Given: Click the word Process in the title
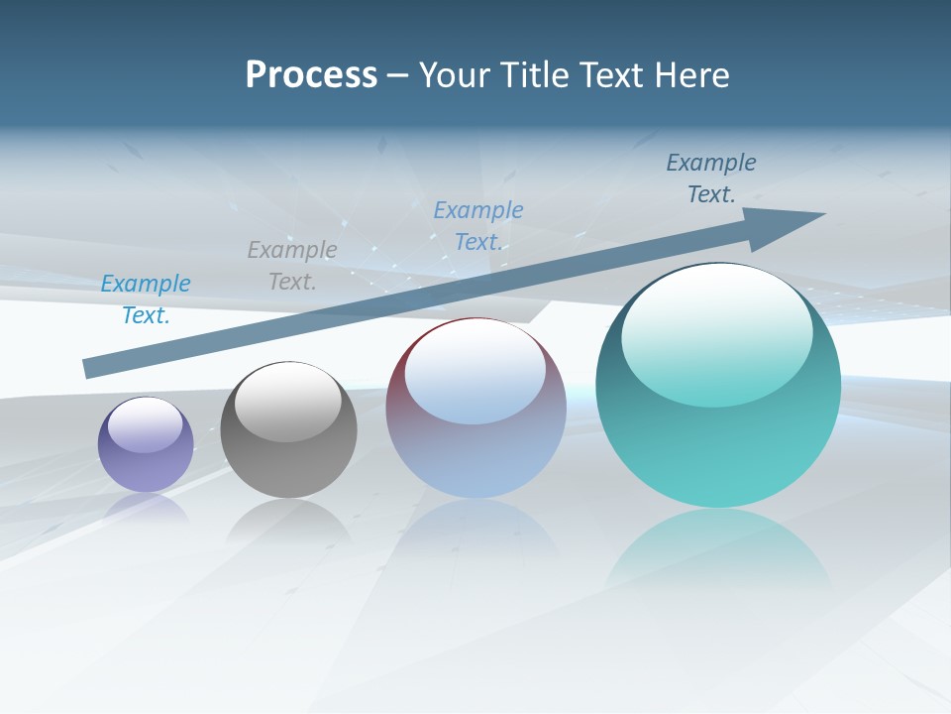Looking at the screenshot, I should pyautogui.click(x=311, y=75).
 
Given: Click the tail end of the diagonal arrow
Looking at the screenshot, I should pyautogui.click(x=91, y=368).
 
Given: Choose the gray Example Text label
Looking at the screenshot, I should pyautogui.click(x=292, y=266).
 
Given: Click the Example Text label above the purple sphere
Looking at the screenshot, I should pyautogui.click(x=146, y=299).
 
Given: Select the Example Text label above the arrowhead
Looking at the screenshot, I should pyautogui.click(x=711, y=178).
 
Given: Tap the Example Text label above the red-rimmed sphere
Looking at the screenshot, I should pyautogui.click(x=478, y=226).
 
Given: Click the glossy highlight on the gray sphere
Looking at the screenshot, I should pyautogui.click(x=288, y=403).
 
